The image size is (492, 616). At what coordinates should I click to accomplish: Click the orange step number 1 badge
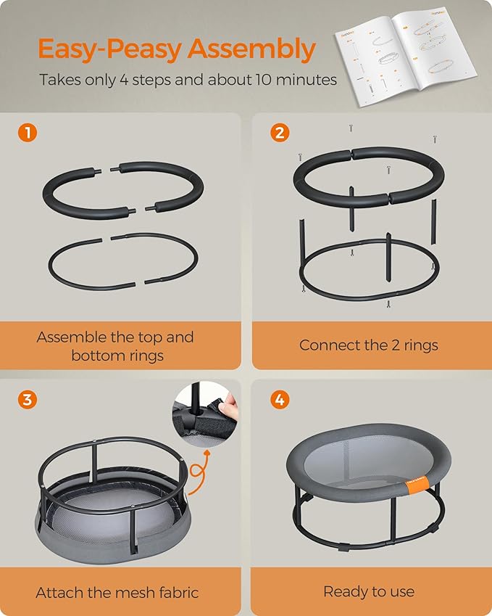click(27, 133)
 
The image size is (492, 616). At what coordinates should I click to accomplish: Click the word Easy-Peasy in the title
click(109, 49)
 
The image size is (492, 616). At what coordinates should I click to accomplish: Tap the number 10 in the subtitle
click(265, 80)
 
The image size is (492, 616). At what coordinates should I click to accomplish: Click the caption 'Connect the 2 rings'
click(368, 345)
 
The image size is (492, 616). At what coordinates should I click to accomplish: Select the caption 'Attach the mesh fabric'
click(117, 592)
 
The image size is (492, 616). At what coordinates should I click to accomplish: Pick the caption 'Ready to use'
click(368, 592)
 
